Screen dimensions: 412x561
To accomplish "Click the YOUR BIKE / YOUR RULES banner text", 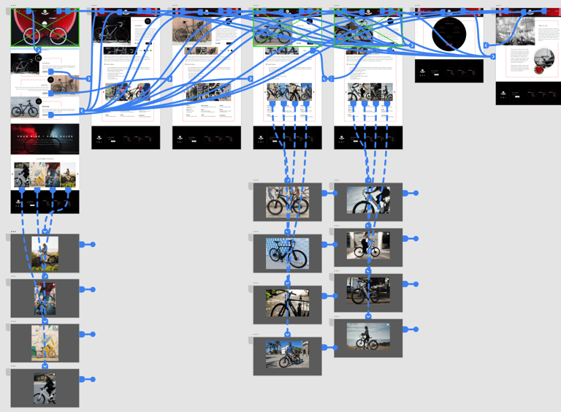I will point(45,135).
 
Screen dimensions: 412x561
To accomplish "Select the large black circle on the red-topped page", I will point(449,34).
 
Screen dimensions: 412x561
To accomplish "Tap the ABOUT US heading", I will point(543,25).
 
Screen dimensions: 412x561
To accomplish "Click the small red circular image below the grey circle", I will point(540,69).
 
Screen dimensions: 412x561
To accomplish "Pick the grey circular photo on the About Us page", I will point(544,58).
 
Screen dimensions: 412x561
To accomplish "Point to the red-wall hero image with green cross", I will point(45,28).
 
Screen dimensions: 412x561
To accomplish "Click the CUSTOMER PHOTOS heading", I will point(45,159).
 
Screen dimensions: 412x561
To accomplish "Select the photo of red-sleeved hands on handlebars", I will point(45,297).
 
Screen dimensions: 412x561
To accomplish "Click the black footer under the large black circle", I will point(449,71).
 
